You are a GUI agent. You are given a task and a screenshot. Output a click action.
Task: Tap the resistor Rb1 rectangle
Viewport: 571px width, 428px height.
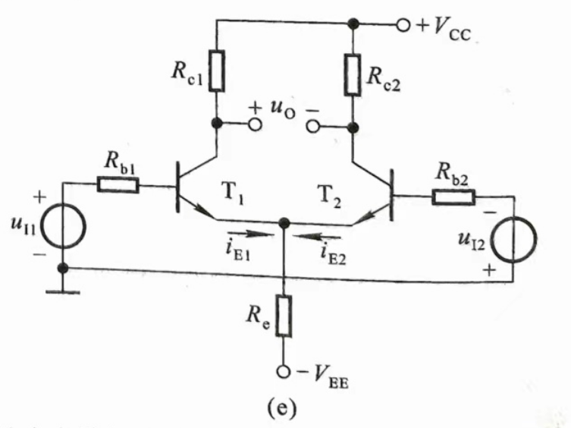(x=118, y=184)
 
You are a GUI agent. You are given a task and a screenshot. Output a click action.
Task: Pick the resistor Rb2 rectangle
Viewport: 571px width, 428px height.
(x=453, y=197)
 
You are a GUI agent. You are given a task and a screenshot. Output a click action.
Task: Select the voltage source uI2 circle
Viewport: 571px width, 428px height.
(x=510, y=239)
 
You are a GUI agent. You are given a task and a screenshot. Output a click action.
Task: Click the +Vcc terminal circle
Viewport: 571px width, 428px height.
(x=403, y=25)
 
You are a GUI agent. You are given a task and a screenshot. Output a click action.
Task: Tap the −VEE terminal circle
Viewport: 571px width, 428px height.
(x=283, y=373)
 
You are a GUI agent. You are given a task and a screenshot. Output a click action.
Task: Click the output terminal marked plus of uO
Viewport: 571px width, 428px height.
(x=256, y=124)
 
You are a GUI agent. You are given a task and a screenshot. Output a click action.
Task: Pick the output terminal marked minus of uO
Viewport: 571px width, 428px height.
(x=311, y=124)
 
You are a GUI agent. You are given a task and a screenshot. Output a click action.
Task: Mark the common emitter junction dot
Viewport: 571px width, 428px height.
(x=283, y=223)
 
